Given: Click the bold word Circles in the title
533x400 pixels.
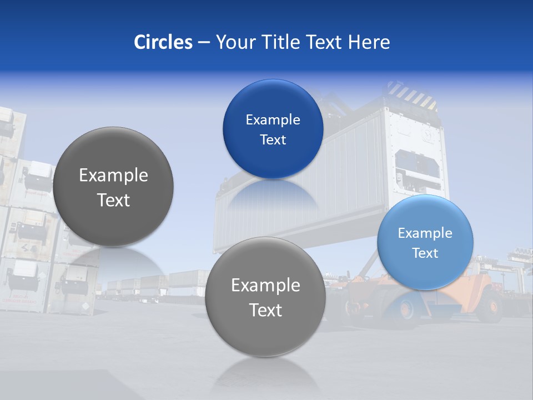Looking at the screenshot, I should tap(163, 42).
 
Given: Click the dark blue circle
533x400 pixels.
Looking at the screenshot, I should tap(273, 129).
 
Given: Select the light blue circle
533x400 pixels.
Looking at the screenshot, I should tap(425, 242).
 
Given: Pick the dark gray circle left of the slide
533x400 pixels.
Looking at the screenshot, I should tap(113, 187).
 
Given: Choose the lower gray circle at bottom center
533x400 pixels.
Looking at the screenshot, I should tap(265, 297).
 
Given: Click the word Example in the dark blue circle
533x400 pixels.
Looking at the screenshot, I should tap(273, 119).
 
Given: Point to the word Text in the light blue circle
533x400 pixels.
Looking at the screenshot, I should tap(425, 253).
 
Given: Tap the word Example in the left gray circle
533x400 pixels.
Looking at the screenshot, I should tap(113, 175).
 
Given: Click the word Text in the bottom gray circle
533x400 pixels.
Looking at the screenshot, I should tap(265, 310).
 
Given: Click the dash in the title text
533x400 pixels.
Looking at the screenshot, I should tap(204, 42).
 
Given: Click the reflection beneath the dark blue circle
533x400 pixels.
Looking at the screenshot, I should tap(272, 194).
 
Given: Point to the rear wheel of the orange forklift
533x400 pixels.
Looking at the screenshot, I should tap(491, 305).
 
